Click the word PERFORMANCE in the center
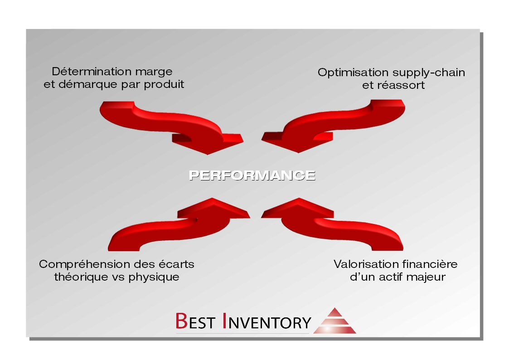252,175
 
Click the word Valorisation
362,264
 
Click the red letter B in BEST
181,321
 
